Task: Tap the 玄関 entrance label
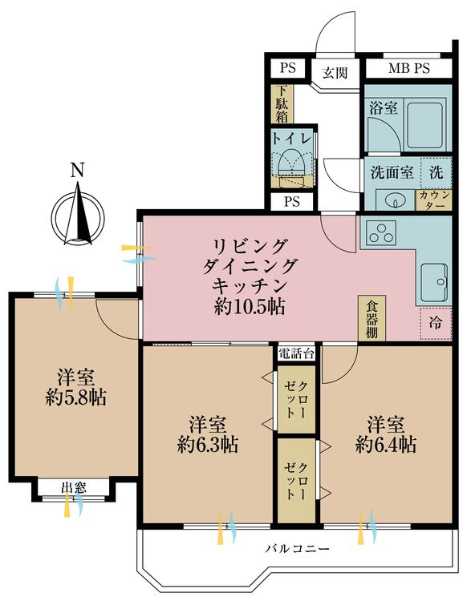point(335,72)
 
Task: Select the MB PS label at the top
point(409,68)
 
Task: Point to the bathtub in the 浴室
point(425,125)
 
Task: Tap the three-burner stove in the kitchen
point(381,232)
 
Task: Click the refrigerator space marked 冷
point(436,323)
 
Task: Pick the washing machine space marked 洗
point(436,172)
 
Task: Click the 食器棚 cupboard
point(372,318)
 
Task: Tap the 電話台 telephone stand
point(296,353)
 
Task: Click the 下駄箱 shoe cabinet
point(282,103)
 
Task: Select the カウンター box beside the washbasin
point(433,200)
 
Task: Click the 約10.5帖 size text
point(250,306)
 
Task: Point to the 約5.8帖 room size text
point(75,397)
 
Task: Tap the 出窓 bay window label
point(74,487)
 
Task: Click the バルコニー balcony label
point(298,549)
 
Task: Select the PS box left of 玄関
point(288,68)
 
